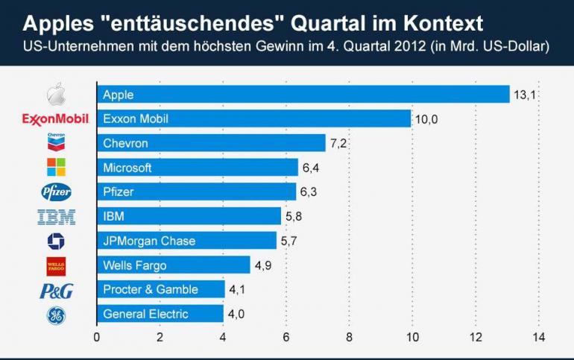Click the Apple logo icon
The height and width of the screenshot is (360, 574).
(x=57, y=95)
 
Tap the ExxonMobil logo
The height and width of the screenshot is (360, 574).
(x=56, y=119)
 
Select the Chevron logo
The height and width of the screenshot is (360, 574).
(x=56, y=142)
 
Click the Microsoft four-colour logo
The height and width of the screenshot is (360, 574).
(x=56, y=167)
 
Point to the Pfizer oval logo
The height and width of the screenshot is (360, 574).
(x=56, y=192)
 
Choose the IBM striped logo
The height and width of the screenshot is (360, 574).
(x=56, y=217)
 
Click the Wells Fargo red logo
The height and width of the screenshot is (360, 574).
(x=56, y=265)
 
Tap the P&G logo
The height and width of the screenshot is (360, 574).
(x=56, y=291)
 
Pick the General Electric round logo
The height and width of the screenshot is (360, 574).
(x=56, y=315)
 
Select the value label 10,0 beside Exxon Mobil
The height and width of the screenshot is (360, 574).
(x=426, y=119)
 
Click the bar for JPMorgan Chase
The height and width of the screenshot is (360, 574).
(x=186, y=241)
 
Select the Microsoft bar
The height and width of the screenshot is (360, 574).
(x=198, y=168)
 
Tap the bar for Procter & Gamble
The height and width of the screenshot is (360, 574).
(x=160, y=289)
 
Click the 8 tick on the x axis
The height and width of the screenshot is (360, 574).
(x=350, y=337)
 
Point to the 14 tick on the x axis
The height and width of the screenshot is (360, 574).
(x=538, y=337)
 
